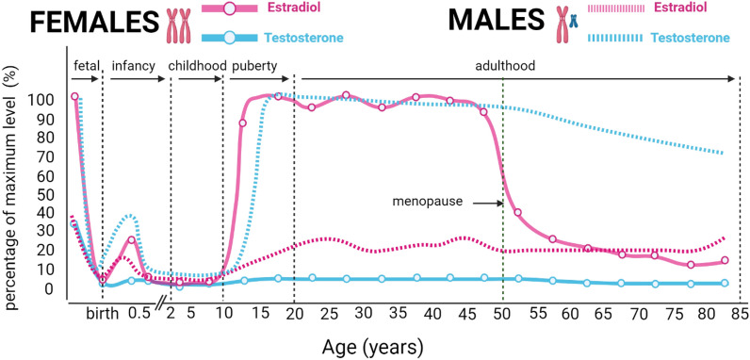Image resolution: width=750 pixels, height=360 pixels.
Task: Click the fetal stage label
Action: point(85,66)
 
